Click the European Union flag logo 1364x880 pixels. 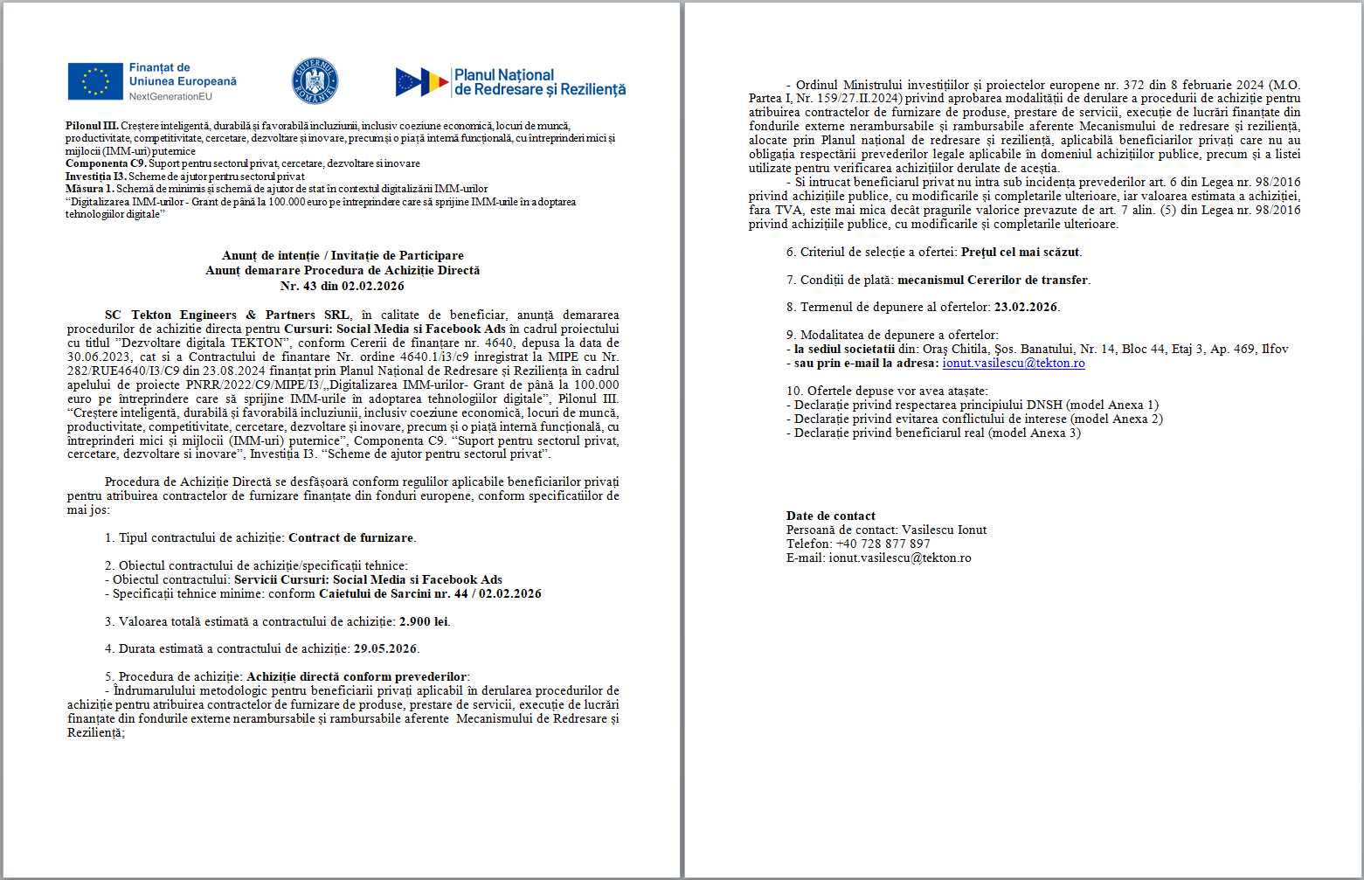[x=95, y=81]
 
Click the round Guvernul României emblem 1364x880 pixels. [x=315, y=81]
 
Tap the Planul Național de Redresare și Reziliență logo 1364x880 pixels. [x=510, y=82]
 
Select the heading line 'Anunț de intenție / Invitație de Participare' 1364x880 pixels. [x=343, y=255]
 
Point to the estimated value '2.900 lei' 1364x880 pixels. [x=424, y=621]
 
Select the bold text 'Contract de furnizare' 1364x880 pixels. [x=351, y=537]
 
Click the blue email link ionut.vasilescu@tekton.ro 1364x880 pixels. [x=1014, y=363]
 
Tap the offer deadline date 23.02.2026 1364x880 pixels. [x=1026, y=307]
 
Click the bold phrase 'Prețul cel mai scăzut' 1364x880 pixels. [x=1021, y=252]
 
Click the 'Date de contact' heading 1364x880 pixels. [x=830, y=516]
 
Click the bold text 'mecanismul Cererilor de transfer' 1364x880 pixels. [x=993, y=280]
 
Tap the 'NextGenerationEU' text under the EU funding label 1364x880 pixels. [x=170, y=96]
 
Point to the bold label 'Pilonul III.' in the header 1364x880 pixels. [x=92, y=126]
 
